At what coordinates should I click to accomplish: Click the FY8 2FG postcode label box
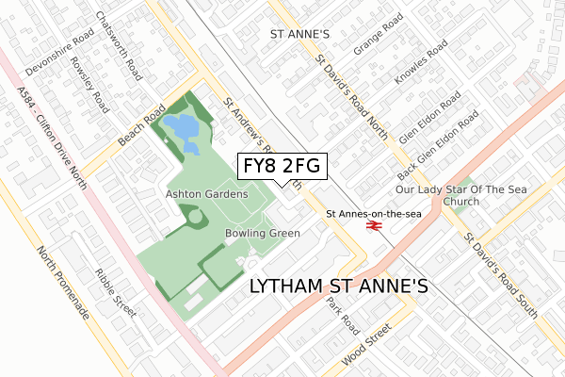pos(280,166)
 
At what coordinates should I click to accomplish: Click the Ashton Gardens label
pos(206,194)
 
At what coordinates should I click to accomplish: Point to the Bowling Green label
pos(263,233)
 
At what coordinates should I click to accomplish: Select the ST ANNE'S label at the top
pos(299,34)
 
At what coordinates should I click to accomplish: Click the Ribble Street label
pos(117,288)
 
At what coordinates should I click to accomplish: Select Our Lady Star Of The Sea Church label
pos(458,195)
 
